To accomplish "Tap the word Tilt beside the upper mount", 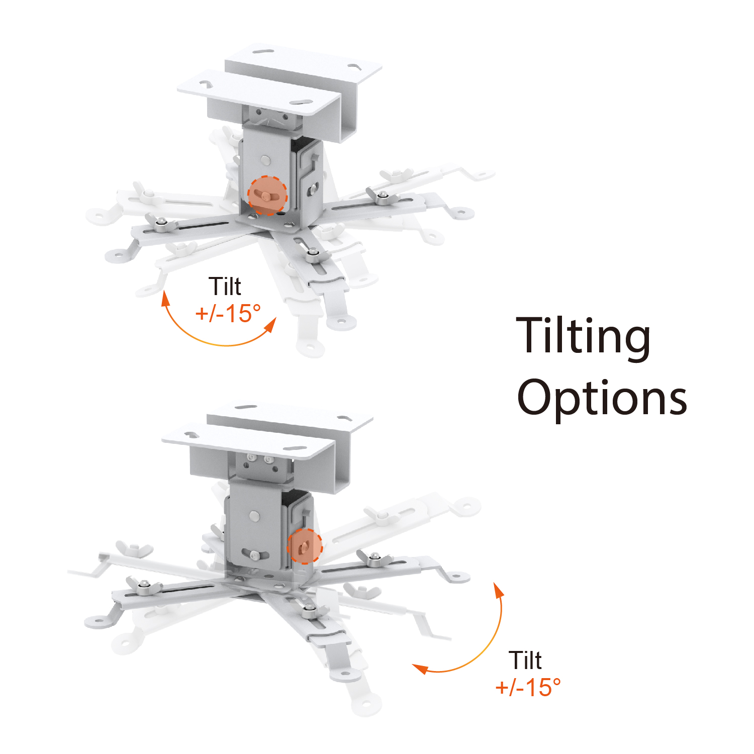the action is (x=225, y=287).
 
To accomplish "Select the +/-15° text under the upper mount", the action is (x=228, y=313).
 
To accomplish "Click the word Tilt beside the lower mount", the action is (x=525, y=660).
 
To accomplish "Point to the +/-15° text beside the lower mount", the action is (x=528, y=687).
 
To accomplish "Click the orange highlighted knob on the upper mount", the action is (x=267, y=196).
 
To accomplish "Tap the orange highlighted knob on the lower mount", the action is (x=304, y=546).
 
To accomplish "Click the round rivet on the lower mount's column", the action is (x=255, y=516).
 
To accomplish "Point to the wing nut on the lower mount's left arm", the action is (x=144, y=586).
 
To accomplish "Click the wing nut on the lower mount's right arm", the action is (x=373, y=557).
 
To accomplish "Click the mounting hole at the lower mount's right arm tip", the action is (x=455, y=577).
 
